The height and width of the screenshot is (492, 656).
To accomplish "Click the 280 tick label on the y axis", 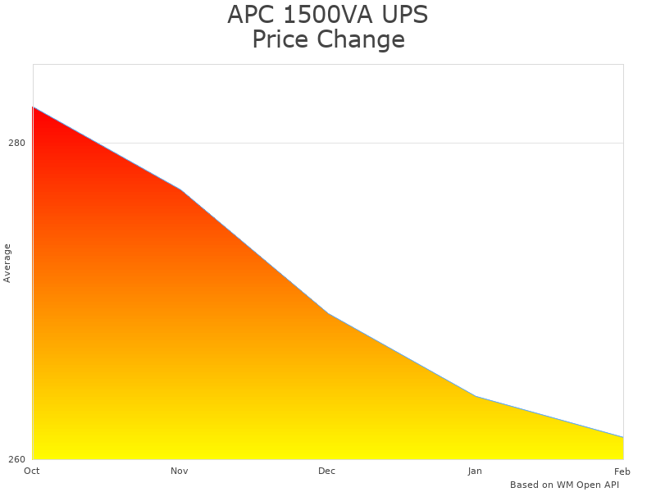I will coord(16,143).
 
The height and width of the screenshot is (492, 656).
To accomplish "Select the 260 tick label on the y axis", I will coord(16,459).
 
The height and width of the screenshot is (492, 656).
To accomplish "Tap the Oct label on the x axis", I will coord(32,471).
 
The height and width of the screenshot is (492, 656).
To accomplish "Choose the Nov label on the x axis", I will coord(180,471).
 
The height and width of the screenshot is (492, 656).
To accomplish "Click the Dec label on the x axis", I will coord(327,471).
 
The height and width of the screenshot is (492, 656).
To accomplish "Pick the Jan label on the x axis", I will coord(475,471).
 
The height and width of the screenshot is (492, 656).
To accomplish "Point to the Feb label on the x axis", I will coord(622,471).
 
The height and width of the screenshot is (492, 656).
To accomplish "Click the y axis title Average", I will coord(7,262).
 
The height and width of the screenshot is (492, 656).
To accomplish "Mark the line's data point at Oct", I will coord(33,107).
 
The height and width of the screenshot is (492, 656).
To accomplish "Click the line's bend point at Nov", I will coord(180,189).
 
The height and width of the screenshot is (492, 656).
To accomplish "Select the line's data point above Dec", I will coord(328,313).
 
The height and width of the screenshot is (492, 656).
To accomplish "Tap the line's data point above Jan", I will coord(476,396).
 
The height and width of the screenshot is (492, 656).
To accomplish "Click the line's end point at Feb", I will coord(623,437).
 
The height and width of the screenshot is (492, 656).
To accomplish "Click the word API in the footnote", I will coord(610,485).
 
